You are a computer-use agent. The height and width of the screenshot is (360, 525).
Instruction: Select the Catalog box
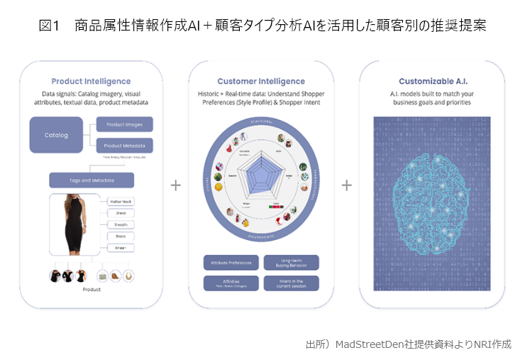(56, 135)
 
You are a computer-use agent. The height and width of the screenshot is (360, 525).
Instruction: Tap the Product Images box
(124, 125)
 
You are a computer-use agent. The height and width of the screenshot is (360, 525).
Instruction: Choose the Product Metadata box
(124, 146)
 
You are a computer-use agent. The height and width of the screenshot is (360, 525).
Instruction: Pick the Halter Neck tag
(121, 202)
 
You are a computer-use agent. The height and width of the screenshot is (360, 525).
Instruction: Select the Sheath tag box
(121, 224)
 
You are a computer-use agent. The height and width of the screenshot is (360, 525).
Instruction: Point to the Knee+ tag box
(121, 247)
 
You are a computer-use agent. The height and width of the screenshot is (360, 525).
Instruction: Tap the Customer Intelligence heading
(260, 82)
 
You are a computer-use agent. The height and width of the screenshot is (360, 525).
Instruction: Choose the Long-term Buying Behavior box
(291, 263)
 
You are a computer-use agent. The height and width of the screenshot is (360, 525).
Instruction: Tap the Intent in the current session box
(291, 283)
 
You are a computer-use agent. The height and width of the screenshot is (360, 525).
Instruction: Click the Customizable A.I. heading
(431, 82)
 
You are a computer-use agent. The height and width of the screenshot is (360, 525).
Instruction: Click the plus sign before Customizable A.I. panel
(346, 185)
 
